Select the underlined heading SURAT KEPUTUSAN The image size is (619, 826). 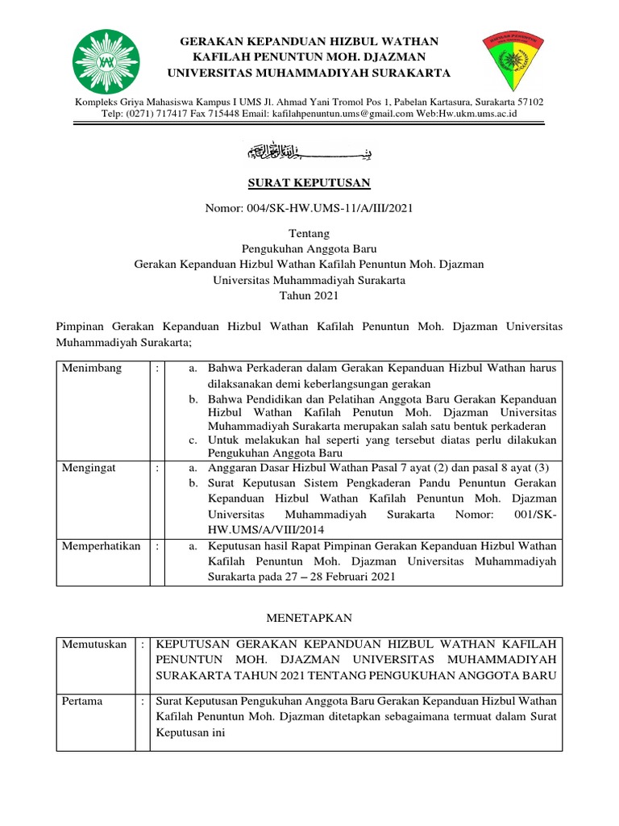pyautogui.click(x=309, y=183)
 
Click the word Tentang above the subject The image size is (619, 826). pyautogui.click(x=309, y=233)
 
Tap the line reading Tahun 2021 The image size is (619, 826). pyautogui.click(x=309, y=296)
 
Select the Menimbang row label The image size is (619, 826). pyautogui.click(x=93, y=368)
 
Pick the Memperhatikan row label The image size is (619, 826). pyautogui.click(x=102, y=545)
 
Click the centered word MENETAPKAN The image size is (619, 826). pyautogui.click(x=309, y=617)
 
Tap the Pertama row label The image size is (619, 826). pyautogui.click(x=82, y=701)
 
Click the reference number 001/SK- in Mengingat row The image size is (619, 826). pyautogui.click(x=534, y=514)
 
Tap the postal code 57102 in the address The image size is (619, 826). pyautogui.click(x=527, y=102)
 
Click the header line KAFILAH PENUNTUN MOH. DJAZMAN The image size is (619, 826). pyautogui.click(x=309, y=56)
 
